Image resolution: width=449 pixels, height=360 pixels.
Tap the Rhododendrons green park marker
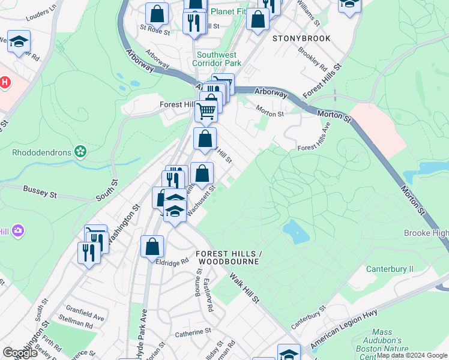pos(79,152)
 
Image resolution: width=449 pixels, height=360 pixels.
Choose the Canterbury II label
pos(390,269)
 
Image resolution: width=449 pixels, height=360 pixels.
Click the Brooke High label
pos(426,233)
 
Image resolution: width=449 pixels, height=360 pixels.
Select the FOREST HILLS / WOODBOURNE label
pos(226,257)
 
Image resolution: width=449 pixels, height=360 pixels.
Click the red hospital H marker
pos(4,82)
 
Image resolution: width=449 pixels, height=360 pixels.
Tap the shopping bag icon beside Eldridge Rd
pos(152,247)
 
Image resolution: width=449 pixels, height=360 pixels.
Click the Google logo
pos(20,353)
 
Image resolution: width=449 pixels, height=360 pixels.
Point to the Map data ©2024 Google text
pos(412,355)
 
